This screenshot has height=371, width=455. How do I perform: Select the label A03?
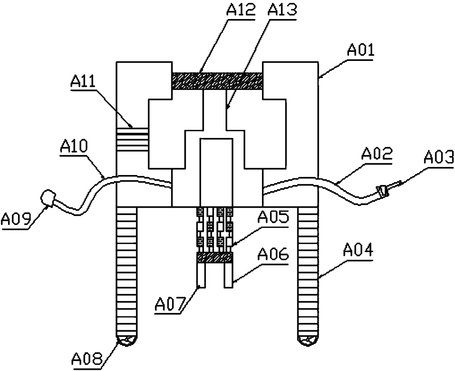pyautogui.click(x=438, y=158)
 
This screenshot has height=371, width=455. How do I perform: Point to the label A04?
pyautogui.click(x=358, y=252)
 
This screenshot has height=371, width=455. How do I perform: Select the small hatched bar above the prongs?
pyautogui.click(x=215, y=258)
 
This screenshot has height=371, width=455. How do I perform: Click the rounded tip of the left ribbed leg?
pyautogui.click(x=127, y=340)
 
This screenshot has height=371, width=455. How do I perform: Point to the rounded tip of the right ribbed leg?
pyautogui.click(x=308, y=340)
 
